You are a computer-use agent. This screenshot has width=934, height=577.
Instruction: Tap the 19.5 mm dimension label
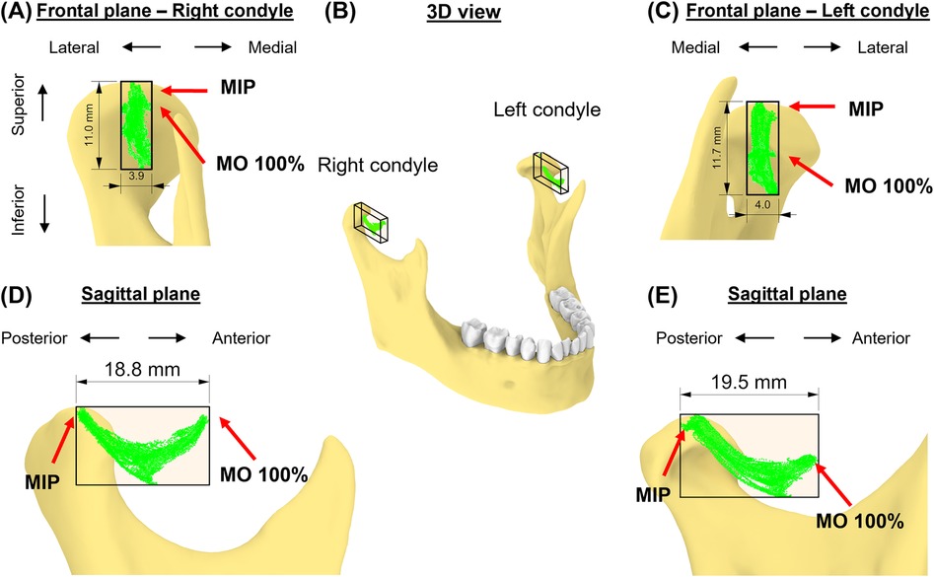[x=749, y=381]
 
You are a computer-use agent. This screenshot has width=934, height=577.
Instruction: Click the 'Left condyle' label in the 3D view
[x=547, y=109]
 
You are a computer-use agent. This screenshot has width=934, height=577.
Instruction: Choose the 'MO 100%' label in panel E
[x=864, y=521]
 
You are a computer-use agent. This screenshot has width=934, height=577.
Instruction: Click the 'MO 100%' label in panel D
[x=269, y=474]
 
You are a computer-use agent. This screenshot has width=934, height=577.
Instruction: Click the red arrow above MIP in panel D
[x=60, y=440]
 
